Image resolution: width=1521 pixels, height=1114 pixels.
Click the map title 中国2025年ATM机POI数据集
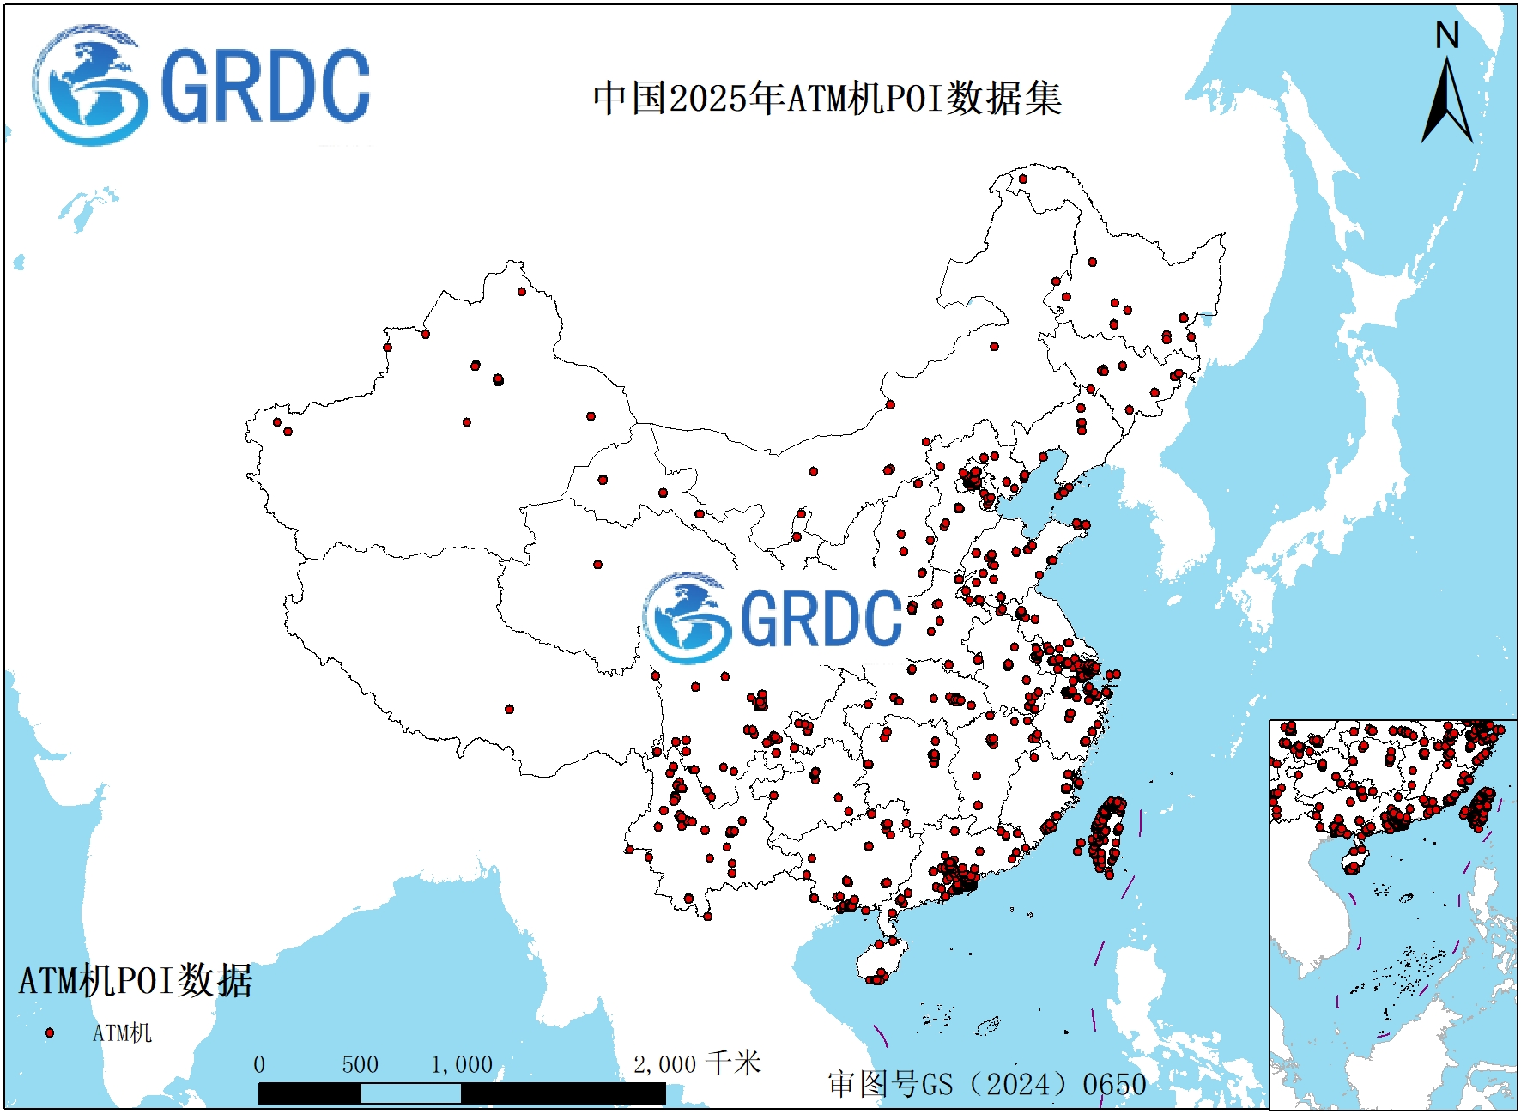pos(827,99)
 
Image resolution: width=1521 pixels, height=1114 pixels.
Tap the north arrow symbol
pos(1447,103)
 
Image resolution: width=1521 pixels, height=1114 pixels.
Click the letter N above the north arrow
pos(1447,36)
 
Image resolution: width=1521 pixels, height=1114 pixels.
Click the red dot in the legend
pos(50,1032)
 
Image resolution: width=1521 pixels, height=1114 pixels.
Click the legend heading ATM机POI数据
pos(136,981)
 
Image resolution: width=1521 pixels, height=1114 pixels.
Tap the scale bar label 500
pos(360,1065)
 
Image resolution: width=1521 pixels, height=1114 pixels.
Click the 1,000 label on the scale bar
pos(462,1065)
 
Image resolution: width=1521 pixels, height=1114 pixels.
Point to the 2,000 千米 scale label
pos(697,1064)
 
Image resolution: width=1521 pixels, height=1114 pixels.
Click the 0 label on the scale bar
pos(259,1065)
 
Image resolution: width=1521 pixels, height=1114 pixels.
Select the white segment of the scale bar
pos(410,1093)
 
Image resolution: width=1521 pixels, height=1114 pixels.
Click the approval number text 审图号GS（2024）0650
pos(987,1084)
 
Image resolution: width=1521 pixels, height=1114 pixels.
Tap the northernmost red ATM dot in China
pos(1022,179)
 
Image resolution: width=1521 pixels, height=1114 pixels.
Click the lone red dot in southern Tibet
pos(509,709)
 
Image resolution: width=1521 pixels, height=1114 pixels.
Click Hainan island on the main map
pos(882,960)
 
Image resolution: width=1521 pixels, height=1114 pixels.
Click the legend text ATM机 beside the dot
pos(122,1033)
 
